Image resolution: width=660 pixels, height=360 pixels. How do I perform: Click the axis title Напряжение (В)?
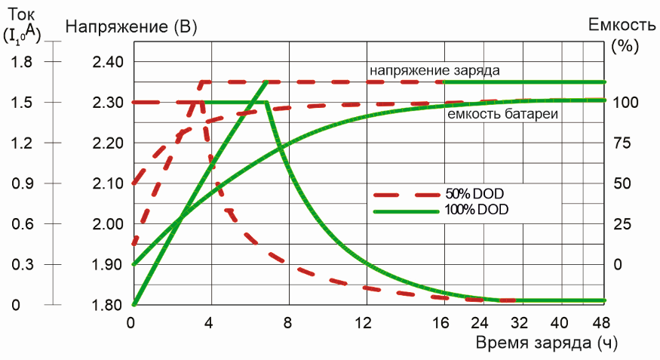click(x=132, y=27)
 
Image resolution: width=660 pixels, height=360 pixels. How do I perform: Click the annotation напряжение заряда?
click(x=434, y=70)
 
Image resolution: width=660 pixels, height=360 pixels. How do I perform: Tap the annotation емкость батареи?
click(x=502, y=115)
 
